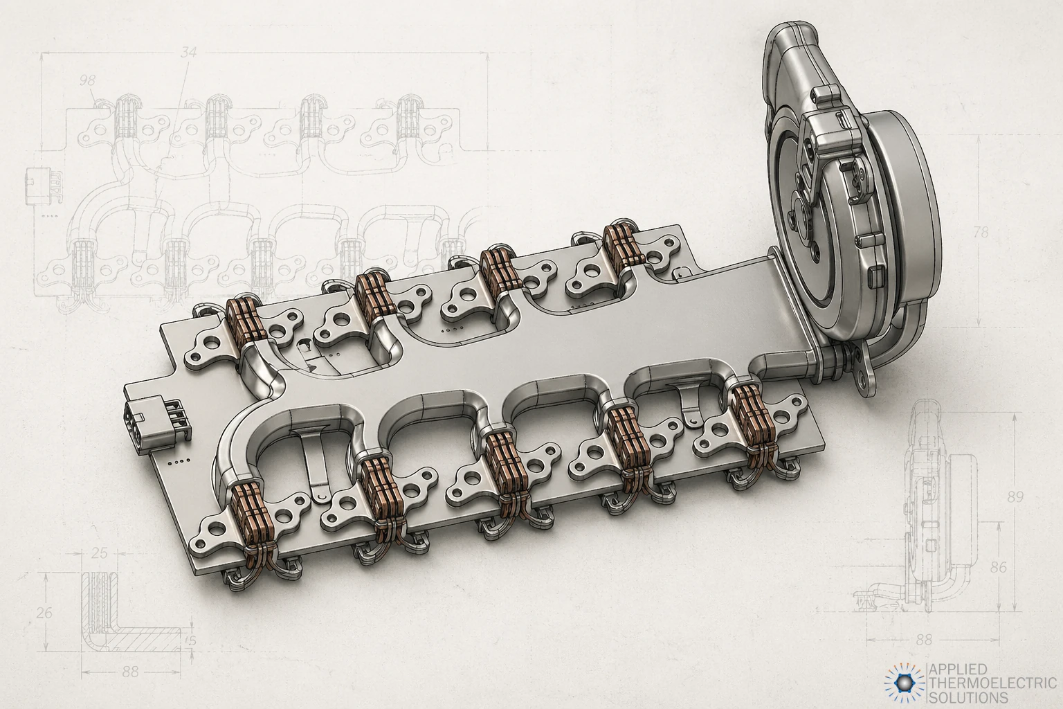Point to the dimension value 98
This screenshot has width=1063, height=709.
[x=88, y=80]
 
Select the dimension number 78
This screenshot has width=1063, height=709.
[x=981, y=232]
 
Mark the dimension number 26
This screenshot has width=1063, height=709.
[x=44, y=613]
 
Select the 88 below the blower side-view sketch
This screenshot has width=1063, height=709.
[x=923, y=640]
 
